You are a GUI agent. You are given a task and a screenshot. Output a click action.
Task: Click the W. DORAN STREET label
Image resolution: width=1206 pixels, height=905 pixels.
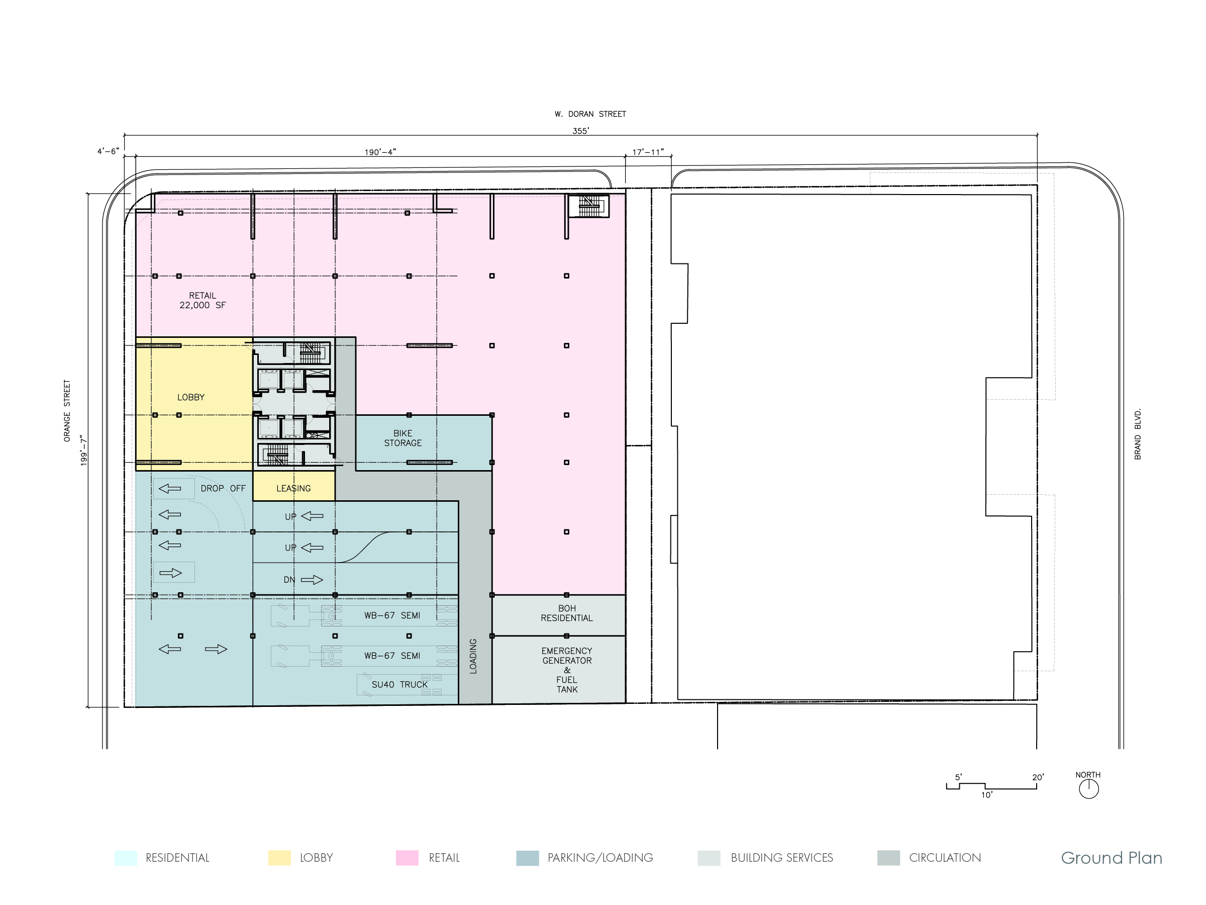(x=590, y=114)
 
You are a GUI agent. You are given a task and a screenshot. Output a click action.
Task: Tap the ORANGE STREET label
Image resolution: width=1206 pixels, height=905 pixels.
(x=67, y=411)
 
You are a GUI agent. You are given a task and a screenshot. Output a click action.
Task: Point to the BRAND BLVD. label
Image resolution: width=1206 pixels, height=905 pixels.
(x=1138, y=434)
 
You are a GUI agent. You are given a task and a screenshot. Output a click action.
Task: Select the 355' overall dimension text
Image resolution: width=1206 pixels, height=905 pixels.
(x=581, y=131)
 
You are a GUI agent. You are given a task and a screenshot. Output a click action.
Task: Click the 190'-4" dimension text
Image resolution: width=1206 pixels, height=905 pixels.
(x=380, y=152)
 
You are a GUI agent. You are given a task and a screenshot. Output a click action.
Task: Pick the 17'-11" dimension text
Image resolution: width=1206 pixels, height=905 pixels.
(x=648, y=152)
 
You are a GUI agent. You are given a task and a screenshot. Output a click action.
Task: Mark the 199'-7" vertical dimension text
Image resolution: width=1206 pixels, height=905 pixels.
(x=84, y=450)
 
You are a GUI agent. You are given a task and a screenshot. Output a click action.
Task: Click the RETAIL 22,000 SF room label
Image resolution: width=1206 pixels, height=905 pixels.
(x=203, y=301)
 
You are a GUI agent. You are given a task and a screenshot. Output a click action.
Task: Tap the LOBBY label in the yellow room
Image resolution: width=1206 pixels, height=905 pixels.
(x=191, y=397)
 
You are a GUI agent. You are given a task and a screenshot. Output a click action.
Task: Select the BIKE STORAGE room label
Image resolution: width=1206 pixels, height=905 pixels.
(x=403, y=438)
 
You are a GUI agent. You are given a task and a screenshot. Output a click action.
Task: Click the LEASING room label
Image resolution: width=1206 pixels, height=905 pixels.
(x=293, y=488)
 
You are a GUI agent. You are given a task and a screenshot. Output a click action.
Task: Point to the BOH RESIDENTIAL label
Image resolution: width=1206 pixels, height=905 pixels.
(x=566, y=613)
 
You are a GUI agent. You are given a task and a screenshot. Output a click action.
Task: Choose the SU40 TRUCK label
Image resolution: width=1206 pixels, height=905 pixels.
(x=399, y=685)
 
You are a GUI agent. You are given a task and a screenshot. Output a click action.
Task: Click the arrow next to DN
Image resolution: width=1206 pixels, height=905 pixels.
(x=312, y=580)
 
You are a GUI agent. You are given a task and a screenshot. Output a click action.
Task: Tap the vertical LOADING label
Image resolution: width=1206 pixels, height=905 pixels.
(x=473, y=656)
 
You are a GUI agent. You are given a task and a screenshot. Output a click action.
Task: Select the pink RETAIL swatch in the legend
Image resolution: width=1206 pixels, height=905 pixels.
(x=407, y=858)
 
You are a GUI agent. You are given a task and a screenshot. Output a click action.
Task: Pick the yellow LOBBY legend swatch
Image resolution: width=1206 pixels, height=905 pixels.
(x=279, y=858)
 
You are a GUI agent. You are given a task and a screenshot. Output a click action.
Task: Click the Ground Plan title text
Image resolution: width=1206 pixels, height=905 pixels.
(x=1112, y=858)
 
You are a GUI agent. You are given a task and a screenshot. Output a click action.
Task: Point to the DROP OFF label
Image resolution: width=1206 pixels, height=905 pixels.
(x=223, y=488)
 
